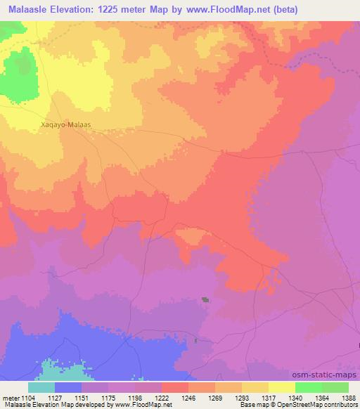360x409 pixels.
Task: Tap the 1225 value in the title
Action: click(x=120, y=10)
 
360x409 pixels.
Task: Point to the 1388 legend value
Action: click(x=340, y=397)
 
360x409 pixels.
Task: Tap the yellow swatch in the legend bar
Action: click(x=281, y=387)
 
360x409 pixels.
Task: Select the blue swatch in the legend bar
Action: click(x=68, y=387)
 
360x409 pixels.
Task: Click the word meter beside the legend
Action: click(x=9, y=397)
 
